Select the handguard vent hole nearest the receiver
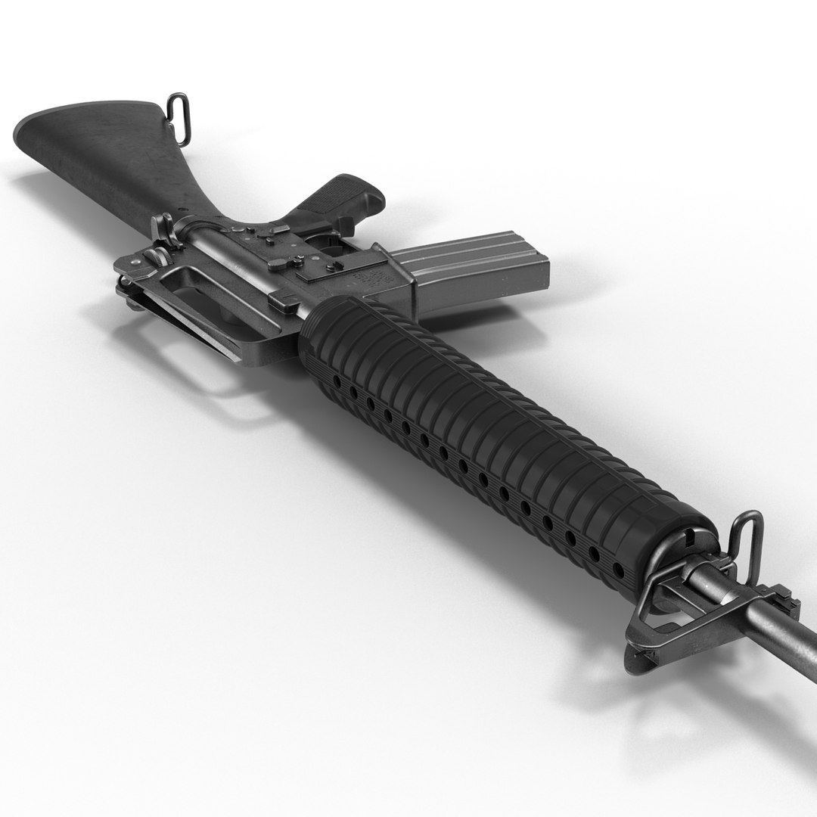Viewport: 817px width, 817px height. (337, 374)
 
